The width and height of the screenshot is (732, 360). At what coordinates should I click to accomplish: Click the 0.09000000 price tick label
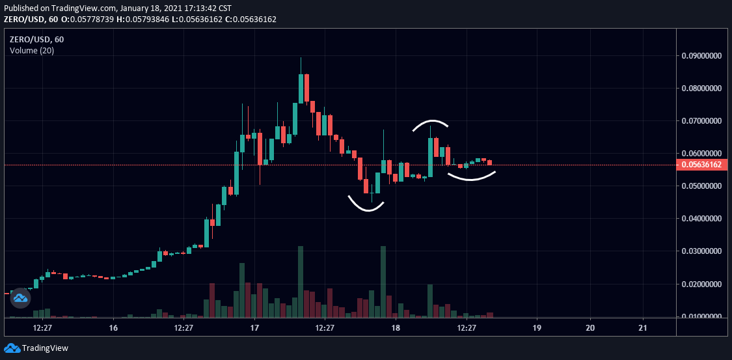pyautogui.click(x=701, y=56)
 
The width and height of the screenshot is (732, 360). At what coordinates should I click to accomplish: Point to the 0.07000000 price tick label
pyautogui.click(x=701, y=121)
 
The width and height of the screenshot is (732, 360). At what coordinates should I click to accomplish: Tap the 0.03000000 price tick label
pyautogui.click(x=701, y=251)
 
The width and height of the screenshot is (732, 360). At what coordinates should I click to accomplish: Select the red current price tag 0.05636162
pyautogui.click(x=701, y=165)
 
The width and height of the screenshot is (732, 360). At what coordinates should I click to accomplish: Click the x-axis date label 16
pyautogui.click(x=113, y=327)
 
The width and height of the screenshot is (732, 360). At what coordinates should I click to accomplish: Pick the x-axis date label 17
pyautogui.click(x=254, y=327)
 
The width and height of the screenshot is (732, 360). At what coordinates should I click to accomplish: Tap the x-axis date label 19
pyautogui.click(x=537, y=327)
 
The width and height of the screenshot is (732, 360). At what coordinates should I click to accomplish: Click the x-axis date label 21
pyautogui.click(x=643, y=327)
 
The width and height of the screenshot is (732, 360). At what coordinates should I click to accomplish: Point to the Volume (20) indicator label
pyautogui.click(x=32, y=51)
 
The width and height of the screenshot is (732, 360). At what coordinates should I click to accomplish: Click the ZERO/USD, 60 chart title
pyautogui.click(x=36, y=39)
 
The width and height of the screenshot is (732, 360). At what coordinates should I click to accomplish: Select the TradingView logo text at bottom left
pyautogui.click(x=45, y=348)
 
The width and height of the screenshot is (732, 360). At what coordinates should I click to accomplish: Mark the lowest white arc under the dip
pyautogui.click(x=366, y=207)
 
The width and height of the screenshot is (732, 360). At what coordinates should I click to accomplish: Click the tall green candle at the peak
pyautogui.click(x=301, y=88)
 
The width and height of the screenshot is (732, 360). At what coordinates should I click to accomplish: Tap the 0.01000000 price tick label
pyautogui.click(x=701, y=316)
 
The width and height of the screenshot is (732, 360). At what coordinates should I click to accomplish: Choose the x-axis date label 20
pyautogui.click(x=590, y=327)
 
